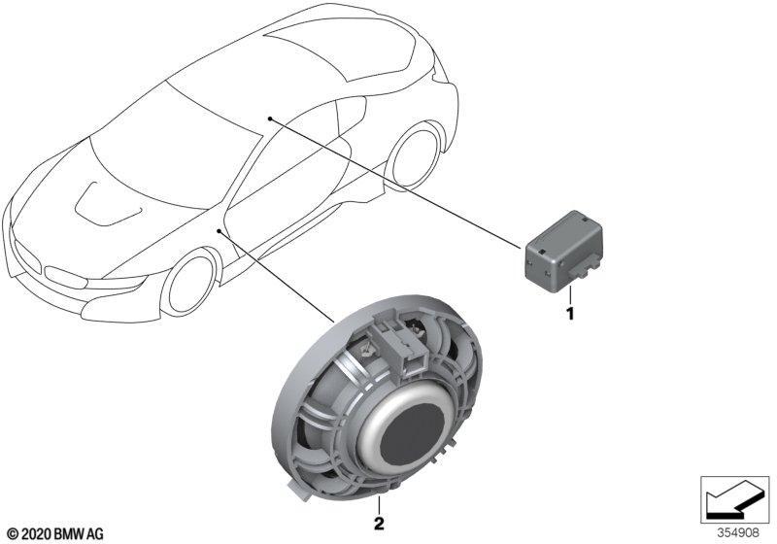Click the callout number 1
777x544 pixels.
coord(570,313)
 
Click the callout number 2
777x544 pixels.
coord(379,524)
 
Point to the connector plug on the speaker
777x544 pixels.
coord(400,341)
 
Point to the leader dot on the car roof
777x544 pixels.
coord(270,119)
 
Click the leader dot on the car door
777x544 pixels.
coord(220,230)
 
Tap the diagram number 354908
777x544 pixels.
coord(739,533)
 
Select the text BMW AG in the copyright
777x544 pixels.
coord(79,534)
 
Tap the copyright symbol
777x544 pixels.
coord(13,534)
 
